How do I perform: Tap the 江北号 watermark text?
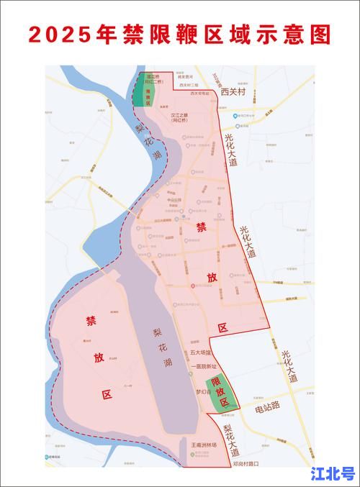[x=333, y=473]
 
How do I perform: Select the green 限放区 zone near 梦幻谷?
[x=222, y=395]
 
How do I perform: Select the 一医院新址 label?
[x=204, y=366]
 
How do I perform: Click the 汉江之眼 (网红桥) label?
[x=179, y=117]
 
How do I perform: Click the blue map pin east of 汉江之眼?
[x=234, y=115]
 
